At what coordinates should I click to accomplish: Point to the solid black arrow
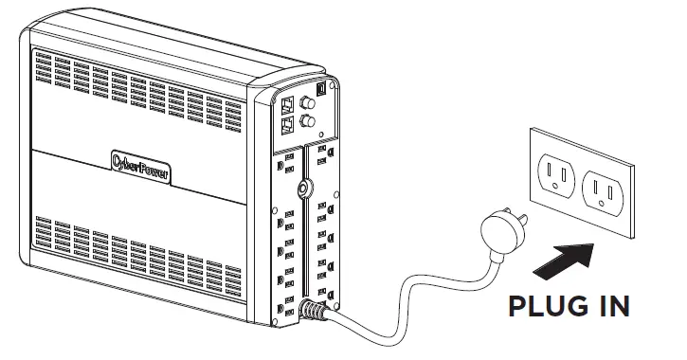[x=565, y=257]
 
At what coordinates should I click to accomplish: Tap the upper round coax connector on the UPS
[x=306, y=99]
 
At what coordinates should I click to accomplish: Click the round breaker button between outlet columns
[x=302, y=189]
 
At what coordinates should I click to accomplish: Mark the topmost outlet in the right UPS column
[x=322, y=152]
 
